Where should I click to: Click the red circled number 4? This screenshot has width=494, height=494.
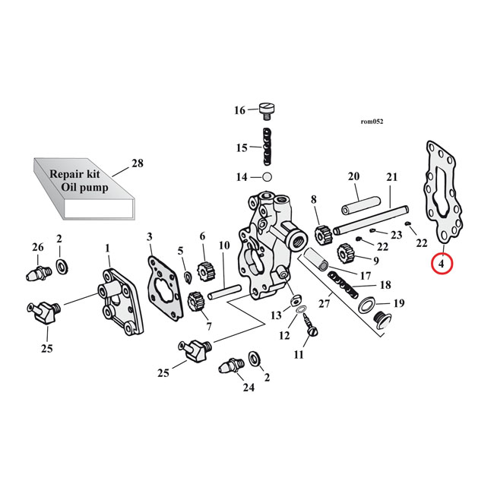442,264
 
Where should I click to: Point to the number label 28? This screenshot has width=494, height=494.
137,163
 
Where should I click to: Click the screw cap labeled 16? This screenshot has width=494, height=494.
267,110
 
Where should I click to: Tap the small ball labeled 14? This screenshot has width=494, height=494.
266,177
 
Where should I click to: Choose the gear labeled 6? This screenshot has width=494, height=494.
203,270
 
